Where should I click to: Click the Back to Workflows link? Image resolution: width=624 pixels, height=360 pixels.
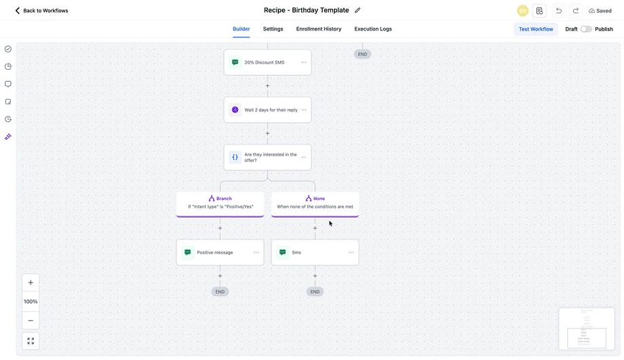pyautogui.click(x=41, y=11)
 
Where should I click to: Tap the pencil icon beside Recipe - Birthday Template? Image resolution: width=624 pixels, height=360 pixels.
pyautogui.click(x=357, y=10)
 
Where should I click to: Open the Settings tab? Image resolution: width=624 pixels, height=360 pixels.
pyautogui.click(x=273, y=29)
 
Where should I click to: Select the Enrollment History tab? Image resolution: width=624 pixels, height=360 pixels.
pyautogui.click(x=319, y=29)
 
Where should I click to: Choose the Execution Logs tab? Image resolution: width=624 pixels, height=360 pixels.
pyautogui.click(x=373, y=29)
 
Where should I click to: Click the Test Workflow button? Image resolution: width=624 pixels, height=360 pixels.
pyautogui.click(x=536, y=29)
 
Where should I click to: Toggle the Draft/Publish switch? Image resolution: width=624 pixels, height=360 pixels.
pyautogui.click(x=586, y=29)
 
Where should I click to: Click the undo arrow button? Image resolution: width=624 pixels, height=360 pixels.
pyautogui.click(x=559, y=11)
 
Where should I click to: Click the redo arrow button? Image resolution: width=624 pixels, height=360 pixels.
pyautogui.click(x=576, y=11)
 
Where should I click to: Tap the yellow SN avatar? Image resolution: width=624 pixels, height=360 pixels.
pyautogui.click(x=522, y=11)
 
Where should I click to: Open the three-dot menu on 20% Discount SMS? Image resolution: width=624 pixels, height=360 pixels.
pyautogui.click(x=304, y=62)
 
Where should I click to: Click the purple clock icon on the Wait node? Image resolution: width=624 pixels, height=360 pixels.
pyautogui.click(x=235, y=110)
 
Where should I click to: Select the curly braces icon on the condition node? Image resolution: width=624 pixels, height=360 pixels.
pyautogui.click(x=235, y=157)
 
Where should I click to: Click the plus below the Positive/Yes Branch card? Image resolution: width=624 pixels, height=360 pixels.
pyautogui.click(x=220, y=228)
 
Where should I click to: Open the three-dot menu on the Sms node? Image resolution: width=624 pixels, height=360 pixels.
pyautogui.click(x=351, y=253)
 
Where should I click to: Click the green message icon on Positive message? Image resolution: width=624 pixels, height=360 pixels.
pyautogui.click(x=188, y=253)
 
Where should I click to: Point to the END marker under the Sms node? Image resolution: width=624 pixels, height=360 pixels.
pyautogui.click(x=315, y=292)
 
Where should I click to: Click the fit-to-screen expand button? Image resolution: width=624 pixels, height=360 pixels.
pyautogui.click(x=31, y=341)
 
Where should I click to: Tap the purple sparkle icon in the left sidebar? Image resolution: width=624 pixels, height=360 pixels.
pyautogui.click(x=8, y=137)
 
